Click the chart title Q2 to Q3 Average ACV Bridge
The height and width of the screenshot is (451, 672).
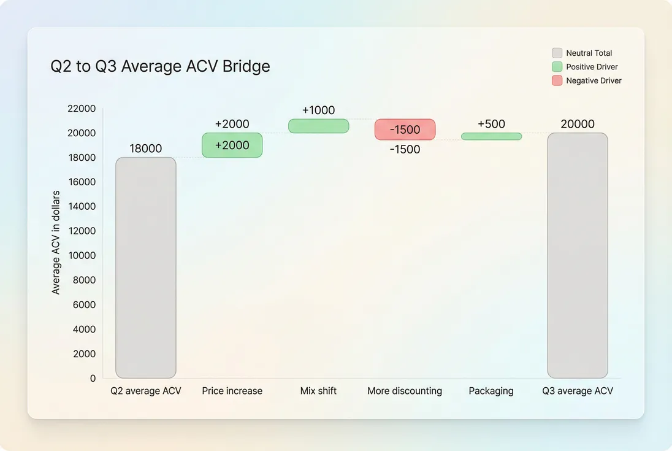pyautogui.click(x=160, y=66)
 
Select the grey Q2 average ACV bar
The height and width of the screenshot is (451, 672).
pyautogui.click(x=146, y=268)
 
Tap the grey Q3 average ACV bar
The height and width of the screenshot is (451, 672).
pyautogui.click(x=578, y=255)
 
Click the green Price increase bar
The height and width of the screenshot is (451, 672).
pyautogui.click(x=232, y=145)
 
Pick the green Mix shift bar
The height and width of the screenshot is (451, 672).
pyautogui.click(x=318, y=126)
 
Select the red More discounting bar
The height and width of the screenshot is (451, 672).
pyautogui.click(x=405, y=129)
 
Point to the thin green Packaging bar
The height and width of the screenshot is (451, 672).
pyautogui.click(x=491, y=136)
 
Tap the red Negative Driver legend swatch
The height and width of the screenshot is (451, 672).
pyautogui.click(x=557, y=80)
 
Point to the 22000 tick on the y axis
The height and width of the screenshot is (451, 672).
pyautogui.click(x=82, y=109)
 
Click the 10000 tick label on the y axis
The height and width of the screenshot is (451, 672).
pyautogui.click(x=82, y=255)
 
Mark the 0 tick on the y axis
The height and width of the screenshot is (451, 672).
pyautogui.click(x=93, y=379)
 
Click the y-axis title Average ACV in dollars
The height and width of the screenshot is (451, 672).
pyautogui.click(x=56, y=242)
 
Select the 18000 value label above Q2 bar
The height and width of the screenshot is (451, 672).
pyautogui.click(x=146, y=148)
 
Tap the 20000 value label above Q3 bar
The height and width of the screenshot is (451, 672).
pyautogui.click(x=578, y=124)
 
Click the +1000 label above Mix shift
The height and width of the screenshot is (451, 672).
pyautogui.click(x=318, y=110)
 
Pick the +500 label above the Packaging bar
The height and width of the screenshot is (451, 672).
pyautogui.click(x=491, y=124)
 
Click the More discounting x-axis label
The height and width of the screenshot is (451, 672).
pyautogui.click(x=405, y=391)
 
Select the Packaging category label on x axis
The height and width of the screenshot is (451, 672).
pyautogui.click(x=491, y=391)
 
